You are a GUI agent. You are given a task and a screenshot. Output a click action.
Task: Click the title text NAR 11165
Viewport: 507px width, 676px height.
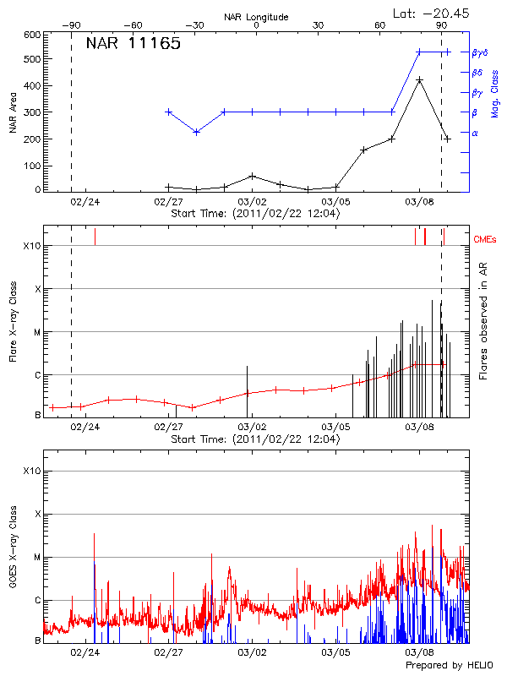(133, 45)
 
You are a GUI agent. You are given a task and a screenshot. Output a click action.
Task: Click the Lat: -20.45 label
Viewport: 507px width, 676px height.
(432, 13)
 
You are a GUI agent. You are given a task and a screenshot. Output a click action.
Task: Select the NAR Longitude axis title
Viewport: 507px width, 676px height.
(256, 16)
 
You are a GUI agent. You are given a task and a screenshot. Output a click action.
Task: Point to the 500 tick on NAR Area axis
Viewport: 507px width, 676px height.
(31, 60)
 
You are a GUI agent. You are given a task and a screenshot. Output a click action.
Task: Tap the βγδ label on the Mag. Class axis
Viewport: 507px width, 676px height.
(479, 52)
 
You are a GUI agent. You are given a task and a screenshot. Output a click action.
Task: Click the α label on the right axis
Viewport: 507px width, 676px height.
(475, 133)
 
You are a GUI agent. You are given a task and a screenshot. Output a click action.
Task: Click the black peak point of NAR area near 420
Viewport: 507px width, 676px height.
(419, 79)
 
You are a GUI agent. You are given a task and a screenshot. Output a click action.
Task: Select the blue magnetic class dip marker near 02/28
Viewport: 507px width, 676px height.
(196, 132)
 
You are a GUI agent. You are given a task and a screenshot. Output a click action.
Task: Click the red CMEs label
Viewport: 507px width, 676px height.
(486, 240)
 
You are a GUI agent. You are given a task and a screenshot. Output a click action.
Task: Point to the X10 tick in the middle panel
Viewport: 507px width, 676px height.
(31, 246)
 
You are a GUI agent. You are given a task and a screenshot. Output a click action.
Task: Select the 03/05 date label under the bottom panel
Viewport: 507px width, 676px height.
(335, 652)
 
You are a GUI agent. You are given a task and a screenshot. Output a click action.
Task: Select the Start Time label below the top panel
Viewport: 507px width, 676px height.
(255, 214)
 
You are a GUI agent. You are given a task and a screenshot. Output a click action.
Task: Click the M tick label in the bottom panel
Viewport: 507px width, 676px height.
(35, 557)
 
